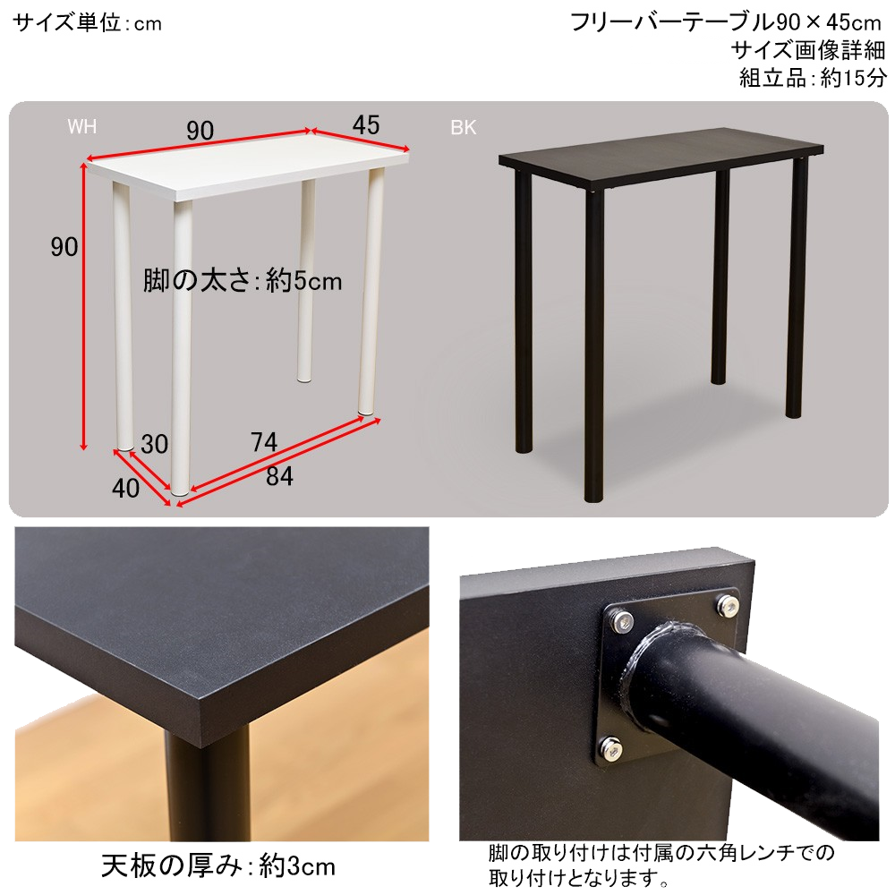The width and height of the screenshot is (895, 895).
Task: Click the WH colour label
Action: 81,126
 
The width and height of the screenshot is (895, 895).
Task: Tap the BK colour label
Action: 463,127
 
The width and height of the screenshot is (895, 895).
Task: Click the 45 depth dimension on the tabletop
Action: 366,125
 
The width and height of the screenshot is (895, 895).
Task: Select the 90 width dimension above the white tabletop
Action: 200,131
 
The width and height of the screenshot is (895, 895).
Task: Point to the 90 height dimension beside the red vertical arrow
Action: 64,247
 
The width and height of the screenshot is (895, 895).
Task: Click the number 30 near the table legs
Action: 154,444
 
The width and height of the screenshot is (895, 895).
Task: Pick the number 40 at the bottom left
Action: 125,488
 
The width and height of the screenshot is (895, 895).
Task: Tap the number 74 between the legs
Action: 264,442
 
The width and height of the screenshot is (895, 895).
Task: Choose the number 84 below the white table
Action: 279,476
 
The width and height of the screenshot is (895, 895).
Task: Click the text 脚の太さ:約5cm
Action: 243,280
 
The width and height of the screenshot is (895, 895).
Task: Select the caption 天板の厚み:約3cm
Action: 218,865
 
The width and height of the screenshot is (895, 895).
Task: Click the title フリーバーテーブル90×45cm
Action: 726,23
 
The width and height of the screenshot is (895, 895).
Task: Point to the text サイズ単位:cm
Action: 88,23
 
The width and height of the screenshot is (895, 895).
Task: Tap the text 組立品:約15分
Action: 814,78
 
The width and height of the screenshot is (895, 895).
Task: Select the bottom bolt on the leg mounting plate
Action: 611,751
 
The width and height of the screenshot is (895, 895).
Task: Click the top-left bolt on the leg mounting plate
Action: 623,621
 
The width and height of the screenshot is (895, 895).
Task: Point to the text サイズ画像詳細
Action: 808,50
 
